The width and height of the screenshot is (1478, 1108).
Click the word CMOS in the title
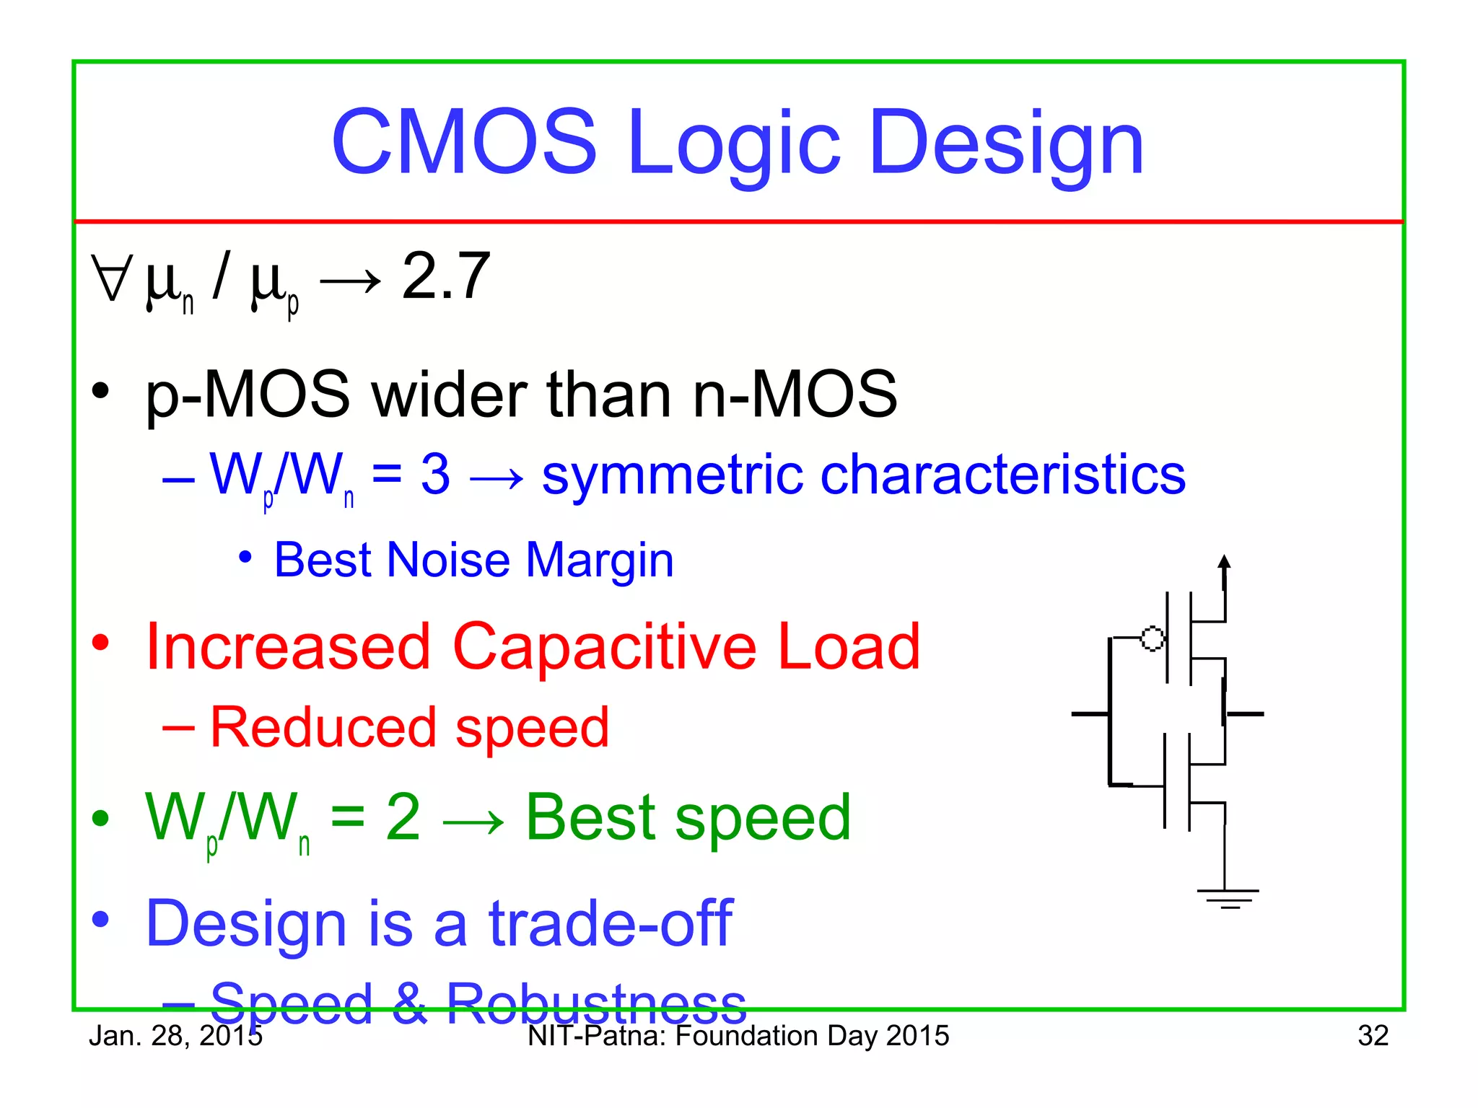click(464, 142)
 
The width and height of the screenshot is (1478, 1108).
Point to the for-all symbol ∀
click(112, 278)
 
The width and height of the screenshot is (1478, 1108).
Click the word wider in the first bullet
click(450, 395)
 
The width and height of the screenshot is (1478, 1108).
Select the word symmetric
click(672, 476)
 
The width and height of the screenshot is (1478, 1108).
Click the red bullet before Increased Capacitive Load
click(100, 642)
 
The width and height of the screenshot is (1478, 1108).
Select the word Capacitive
click(604, 646)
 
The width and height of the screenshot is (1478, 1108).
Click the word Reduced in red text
click(323, 727)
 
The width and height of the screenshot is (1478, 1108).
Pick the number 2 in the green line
click(403, 817)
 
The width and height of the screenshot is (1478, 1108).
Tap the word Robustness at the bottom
click(595, 1003)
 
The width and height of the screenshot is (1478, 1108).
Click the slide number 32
click(1372, 1036)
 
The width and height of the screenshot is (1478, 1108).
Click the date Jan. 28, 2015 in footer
click(175, 1036)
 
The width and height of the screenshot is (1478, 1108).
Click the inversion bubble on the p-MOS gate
click(1152, 638)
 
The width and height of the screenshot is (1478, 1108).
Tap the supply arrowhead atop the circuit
click(1224, 562)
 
